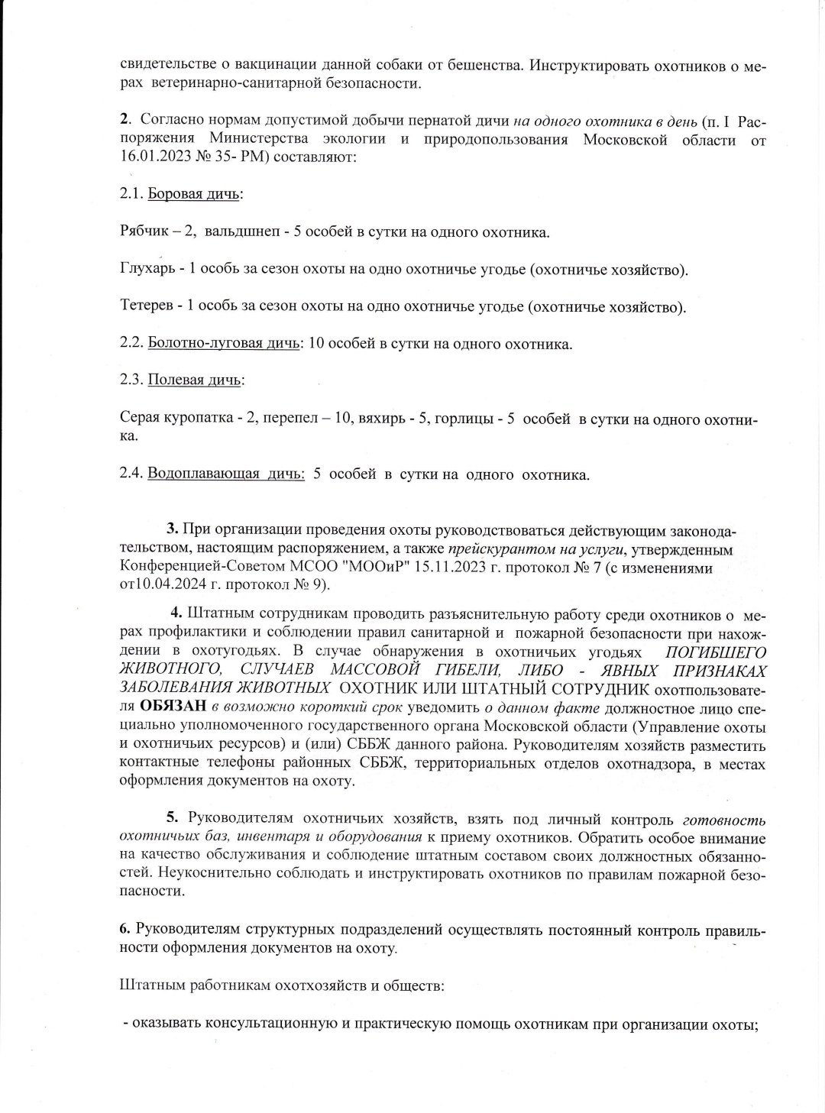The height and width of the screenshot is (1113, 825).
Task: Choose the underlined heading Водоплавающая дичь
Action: [x=225, y=474]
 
